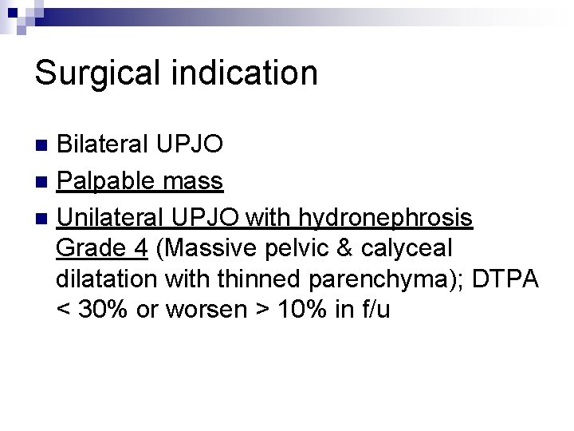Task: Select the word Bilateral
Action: (102, 145)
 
